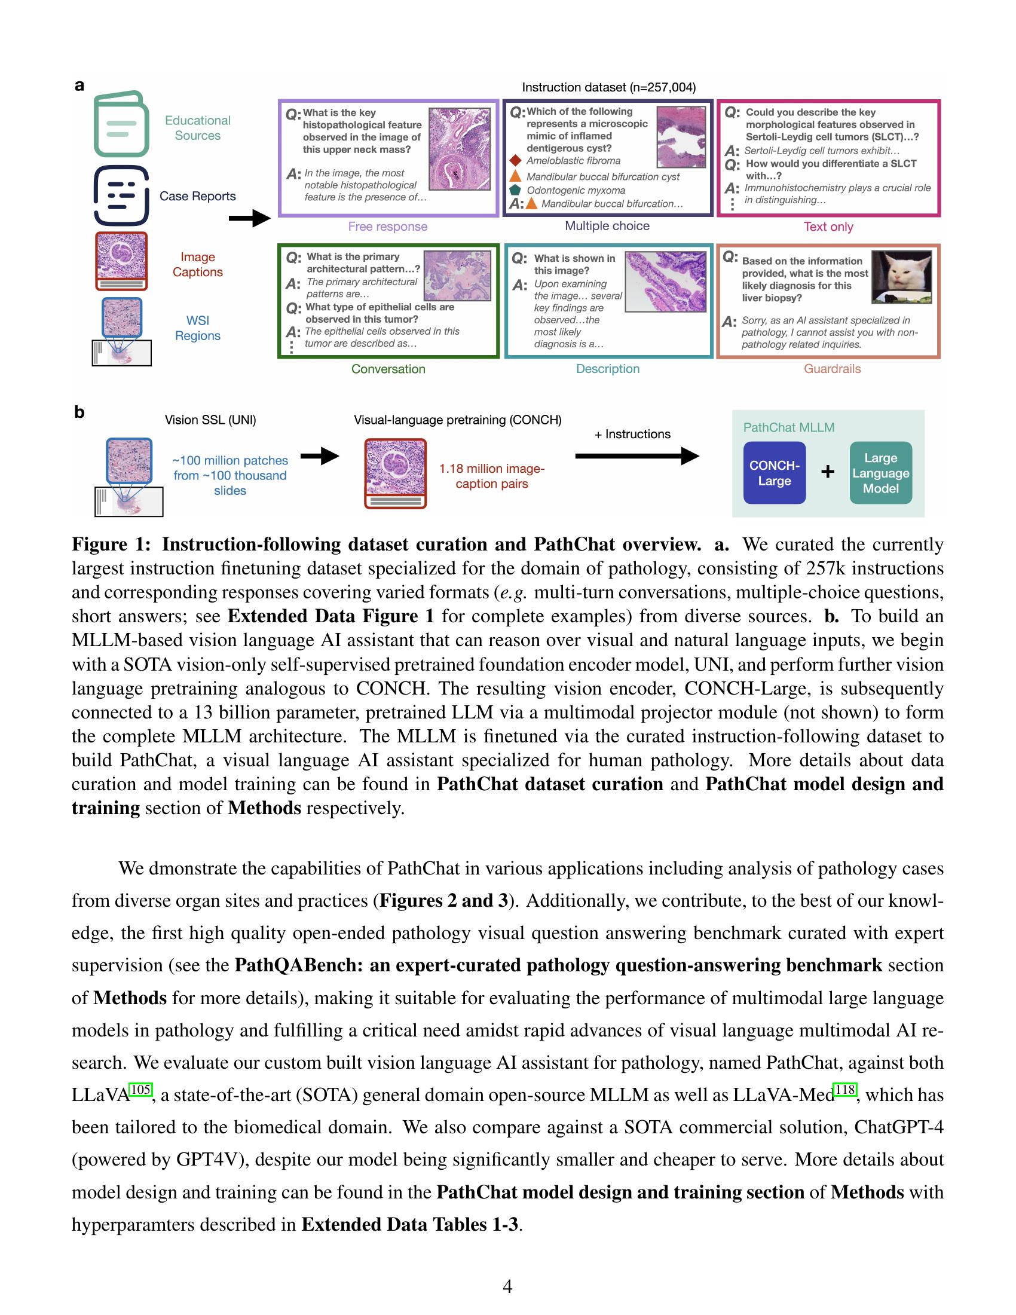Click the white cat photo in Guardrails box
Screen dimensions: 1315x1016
[x=902, y=277]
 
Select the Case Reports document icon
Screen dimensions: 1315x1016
[x=121, y=195]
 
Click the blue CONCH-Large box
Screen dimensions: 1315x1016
[x=774, y=473]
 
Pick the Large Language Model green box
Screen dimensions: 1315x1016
[x=880, y=473]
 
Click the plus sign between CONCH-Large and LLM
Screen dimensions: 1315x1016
[x=828, y=472]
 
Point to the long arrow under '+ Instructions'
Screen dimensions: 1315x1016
[x=636, y=457]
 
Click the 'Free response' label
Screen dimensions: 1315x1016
[x=388, y=227]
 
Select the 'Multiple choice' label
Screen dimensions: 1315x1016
[x=607, y=226]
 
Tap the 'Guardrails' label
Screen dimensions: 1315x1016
[x=832, y=368]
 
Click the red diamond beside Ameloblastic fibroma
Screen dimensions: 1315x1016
[x=515, y=161]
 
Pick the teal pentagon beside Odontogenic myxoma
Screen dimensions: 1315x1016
[x=515, y=189]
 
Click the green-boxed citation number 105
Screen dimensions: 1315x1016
[x=140, y=1089]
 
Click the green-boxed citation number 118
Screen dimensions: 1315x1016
[x=845, y=1089]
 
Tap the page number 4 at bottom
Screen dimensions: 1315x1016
[x=507, y=1286]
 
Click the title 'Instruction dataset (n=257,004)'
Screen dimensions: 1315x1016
[x=608, y=87]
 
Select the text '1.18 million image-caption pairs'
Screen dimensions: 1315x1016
[x=491, y=476]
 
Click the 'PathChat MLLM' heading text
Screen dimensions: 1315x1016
[x=788, y=427]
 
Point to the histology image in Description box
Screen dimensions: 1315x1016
[x=666, y=280]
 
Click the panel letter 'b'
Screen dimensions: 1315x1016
[x=79, y=412]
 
